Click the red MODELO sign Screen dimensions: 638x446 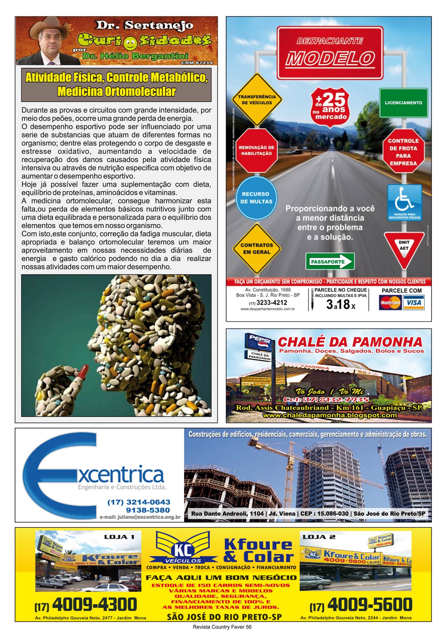pos(330,53)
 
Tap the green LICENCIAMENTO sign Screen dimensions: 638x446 pos(403,103)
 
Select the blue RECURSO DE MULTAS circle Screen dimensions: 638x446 pos(256,198)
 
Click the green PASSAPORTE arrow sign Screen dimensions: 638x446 pos(330,262)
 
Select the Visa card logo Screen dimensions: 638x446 pos(414,303)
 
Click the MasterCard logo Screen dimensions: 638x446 pos(390,303)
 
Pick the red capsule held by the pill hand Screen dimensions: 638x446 pos(83,372)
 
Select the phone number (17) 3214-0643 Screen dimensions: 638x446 pos(139,502)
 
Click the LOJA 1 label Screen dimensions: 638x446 pos(119,537)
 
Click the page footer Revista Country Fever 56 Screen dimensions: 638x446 pos(222,627)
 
